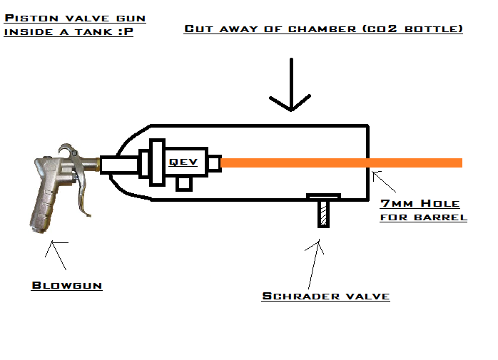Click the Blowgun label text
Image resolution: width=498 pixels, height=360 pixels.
click(x=67, y=285)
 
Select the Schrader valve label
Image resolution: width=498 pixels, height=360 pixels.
click(x=326, y=296)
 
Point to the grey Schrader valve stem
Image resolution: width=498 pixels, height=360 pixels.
click(x=323, y=213)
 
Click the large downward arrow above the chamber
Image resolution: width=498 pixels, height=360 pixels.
click(x=291, y=86)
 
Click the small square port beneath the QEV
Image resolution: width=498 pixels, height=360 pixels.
click(x=184, y=184)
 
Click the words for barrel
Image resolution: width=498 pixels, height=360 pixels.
click(x=423, y=217)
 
